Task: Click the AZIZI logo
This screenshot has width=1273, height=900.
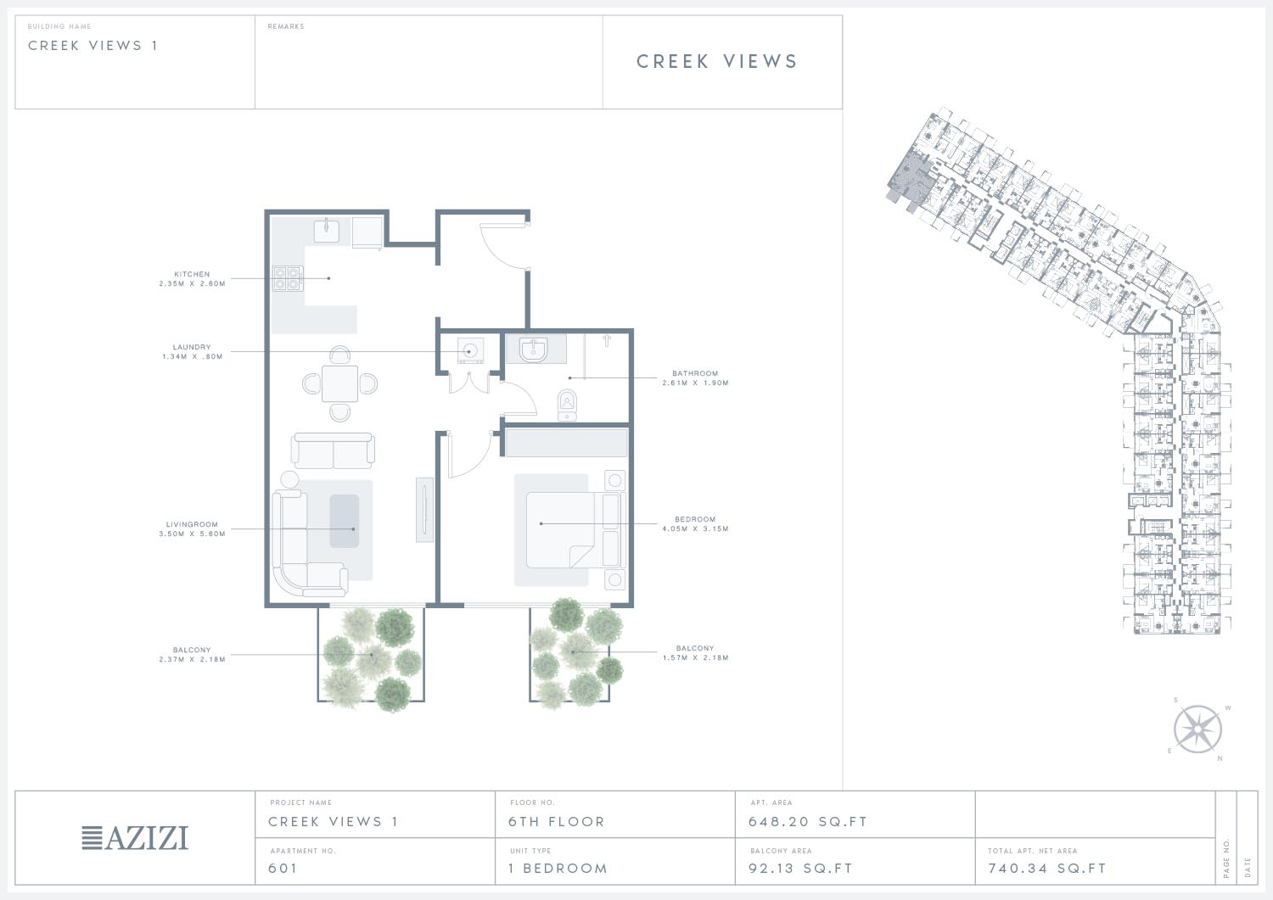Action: pos(135,838)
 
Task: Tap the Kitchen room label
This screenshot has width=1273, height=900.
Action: pos(192,279)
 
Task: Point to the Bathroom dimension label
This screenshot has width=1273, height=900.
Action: pos(695,378)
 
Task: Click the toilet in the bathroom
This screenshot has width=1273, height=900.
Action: pos(567,404)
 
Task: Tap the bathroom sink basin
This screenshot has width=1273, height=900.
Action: pos(533,349)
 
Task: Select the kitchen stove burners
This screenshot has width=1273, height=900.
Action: pos(288,279)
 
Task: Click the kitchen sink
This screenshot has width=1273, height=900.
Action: pos(327,232)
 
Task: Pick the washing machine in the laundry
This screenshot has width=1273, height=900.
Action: pos(470,351)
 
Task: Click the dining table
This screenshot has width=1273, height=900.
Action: pos(339,384)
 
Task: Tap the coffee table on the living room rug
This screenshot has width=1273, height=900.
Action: pos(345,521)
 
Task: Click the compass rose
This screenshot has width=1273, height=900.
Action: pos(1197,729)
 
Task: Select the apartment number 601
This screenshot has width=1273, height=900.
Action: pos(283,868)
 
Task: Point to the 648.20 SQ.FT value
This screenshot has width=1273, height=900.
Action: pos(807,822)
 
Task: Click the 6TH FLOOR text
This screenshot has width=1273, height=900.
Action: pos(557,822)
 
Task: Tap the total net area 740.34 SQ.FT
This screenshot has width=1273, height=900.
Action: pos(1046,868)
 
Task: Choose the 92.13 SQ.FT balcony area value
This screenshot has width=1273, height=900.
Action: pos(800,868)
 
